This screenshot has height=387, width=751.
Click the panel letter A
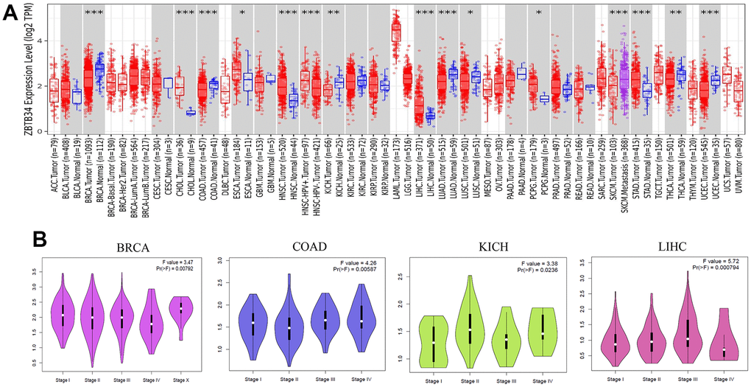click(x=10, y=13)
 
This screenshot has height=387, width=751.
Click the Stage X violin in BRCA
click(x=182, y=311)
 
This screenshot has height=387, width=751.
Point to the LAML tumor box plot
click(x=395, y=33)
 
